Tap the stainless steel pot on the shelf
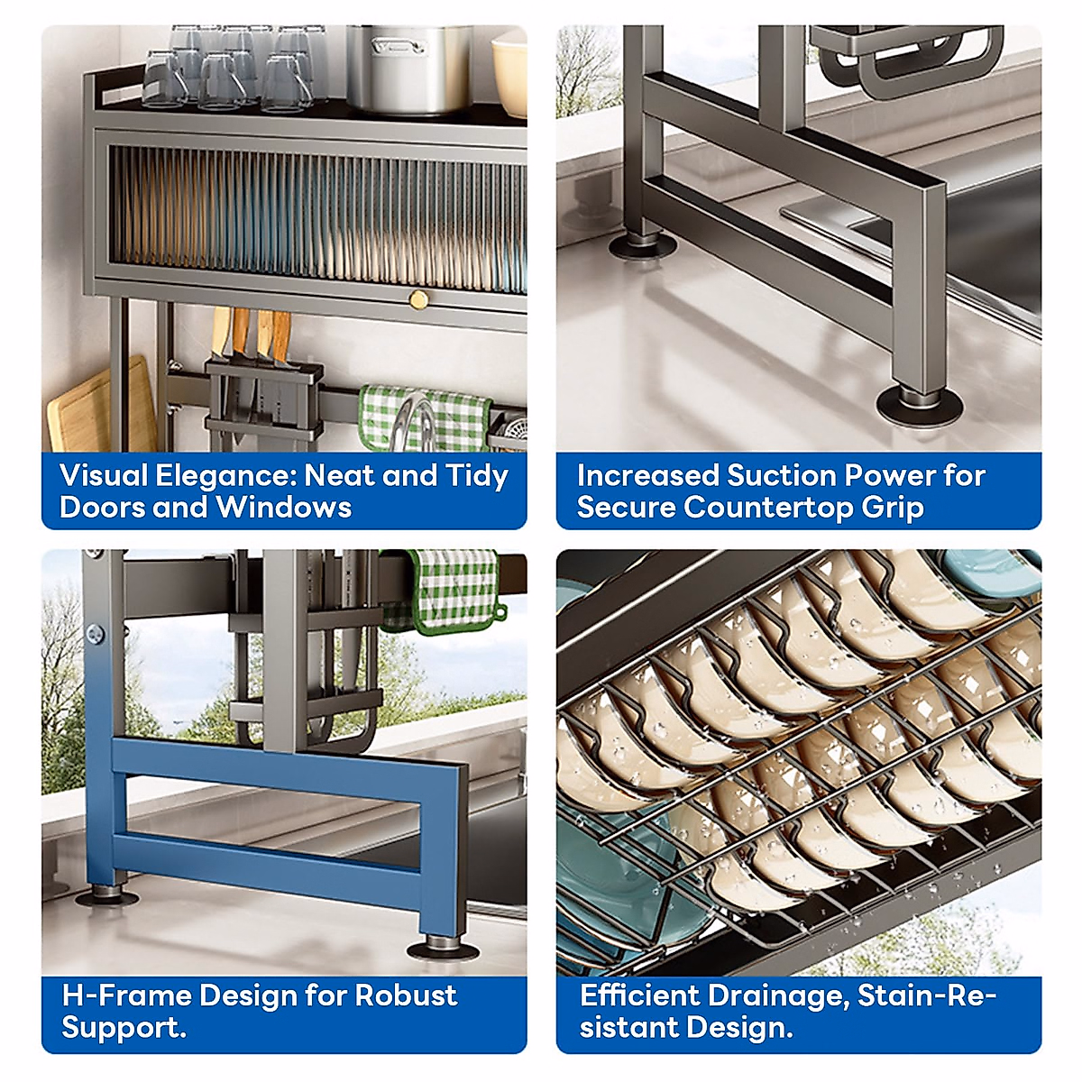pos(410,68)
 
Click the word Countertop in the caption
pos(768,508)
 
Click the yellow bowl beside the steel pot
pos(510,72)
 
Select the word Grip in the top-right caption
pos(893,509)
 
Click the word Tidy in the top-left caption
pos(477,476)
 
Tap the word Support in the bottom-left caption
pos(122,1028)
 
